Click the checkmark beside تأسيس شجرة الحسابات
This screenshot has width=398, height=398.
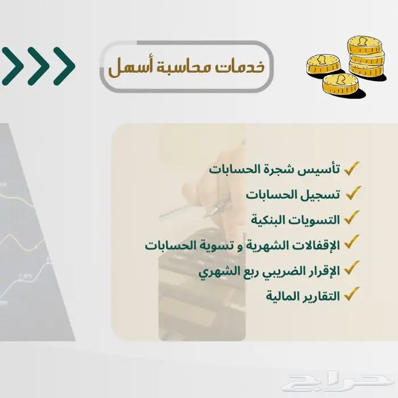click(x=352, y=168)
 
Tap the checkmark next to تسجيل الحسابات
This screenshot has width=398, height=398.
click(x=352, y=193)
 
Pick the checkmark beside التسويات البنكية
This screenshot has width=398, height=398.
click(x=352, y=217)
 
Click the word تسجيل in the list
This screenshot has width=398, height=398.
click(x=320, y=195)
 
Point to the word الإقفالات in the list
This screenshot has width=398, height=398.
click(x=314, y=245)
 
